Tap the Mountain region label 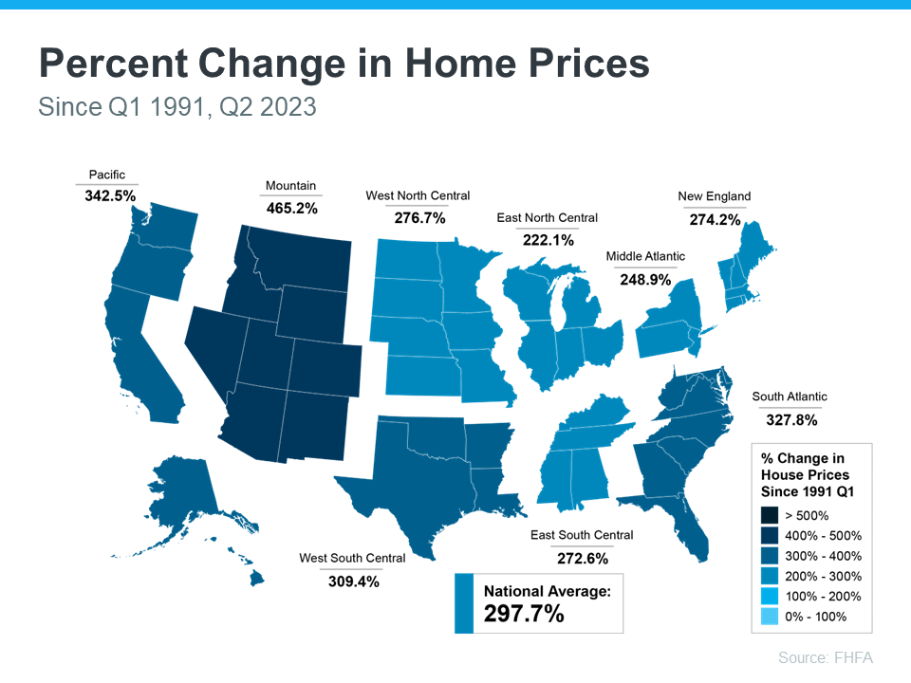click(290, 186)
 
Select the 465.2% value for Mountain click(290, 207)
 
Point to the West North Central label click(418, 195)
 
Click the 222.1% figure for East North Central click(548, 240)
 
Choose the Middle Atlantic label click(645, 256)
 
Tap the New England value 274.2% click(714, 218)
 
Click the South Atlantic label click(790, 397)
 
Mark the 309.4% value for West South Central click(352, 581)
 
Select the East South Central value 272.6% click(582, 558)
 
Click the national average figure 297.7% click(524, 614)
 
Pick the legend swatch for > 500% click(771, 516)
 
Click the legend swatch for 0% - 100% click(771, 618)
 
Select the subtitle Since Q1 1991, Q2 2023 click(177, 107)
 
